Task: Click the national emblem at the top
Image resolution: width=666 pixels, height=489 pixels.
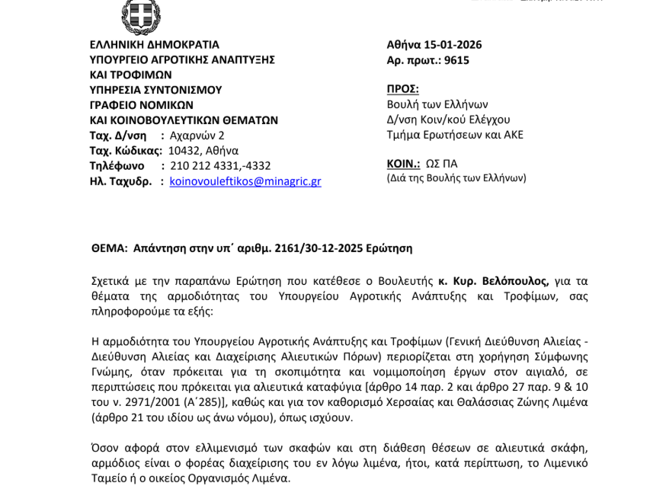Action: click(x=140, y=15)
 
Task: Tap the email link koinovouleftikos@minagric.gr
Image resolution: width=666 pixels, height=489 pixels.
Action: click(x=245, y=181)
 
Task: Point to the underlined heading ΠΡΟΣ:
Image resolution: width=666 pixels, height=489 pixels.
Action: click(x=402, y=89)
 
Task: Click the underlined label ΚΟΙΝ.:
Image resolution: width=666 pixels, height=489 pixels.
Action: click(x=403, y=164)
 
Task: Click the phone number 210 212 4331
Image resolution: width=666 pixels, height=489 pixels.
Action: click(x=206, y=166)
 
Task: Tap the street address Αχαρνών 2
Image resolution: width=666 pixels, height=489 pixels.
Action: click(x=197, y=136)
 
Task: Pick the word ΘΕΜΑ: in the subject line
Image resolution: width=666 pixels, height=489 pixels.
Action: click(x=109, y=248)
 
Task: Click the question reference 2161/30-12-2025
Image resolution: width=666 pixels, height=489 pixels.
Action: click(x=321, y=248)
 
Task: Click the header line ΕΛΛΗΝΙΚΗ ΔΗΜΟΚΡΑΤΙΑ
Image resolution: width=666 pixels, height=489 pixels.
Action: click(x=155, y=45)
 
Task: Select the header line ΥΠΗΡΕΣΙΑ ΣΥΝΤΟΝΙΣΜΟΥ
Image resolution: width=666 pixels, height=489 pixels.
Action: click(x=156, y=90)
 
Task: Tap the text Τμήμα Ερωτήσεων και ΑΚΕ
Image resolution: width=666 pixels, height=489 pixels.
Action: click(x=455, y=135)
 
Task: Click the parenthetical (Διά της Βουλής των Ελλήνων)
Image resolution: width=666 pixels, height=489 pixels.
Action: click(x=456, y=178)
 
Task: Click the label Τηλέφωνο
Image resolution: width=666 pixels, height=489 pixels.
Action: click(x=117, y=166)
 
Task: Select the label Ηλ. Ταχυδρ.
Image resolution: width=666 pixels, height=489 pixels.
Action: click(x=120, y=181)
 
